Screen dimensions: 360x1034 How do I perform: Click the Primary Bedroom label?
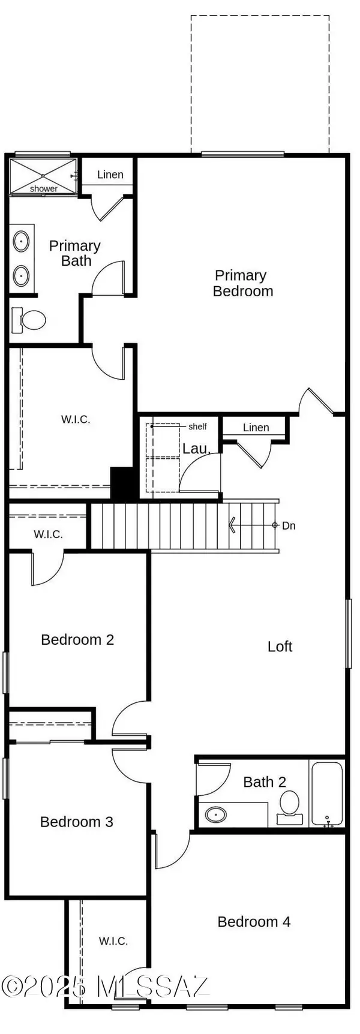click(243, 283)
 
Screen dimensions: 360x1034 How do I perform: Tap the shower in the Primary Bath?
click(44, 176)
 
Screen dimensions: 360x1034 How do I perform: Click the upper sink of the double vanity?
click(22, 242)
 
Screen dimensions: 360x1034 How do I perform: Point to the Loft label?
click(280, 647)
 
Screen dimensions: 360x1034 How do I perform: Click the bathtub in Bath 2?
click(327, 794)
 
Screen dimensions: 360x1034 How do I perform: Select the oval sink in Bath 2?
click(215, 814)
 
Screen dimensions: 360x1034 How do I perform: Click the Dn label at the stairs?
click(289, 525)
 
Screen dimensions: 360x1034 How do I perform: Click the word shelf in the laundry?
click(197, 426)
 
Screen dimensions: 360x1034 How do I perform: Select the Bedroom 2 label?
click(77, 639)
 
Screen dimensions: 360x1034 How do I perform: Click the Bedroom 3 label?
click(77, 822)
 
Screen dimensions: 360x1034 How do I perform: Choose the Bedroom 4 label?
click(254, 922)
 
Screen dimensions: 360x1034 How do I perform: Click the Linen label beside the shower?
click(110, 175)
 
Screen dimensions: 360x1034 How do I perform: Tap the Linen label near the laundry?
click(256, 428)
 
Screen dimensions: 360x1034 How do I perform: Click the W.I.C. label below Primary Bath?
click(76, 419)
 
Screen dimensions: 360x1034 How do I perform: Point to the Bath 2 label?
click(265, 782)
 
